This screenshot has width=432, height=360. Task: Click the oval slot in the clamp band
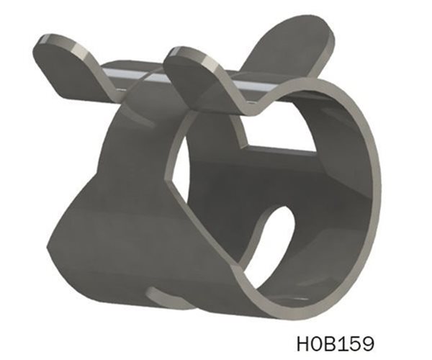click(277, 238)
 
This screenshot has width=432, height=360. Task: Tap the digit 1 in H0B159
click(342, 339)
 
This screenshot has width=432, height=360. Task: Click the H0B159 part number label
click(335, 339)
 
